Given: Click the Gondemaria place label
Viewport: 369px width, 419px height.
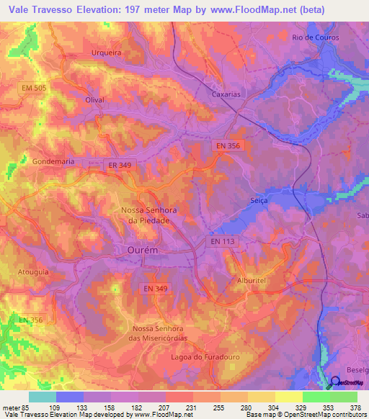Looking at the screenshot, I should coord(53,162).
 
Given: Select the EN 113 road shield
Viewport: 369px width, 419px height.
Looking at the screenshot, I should coord(224,243).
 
